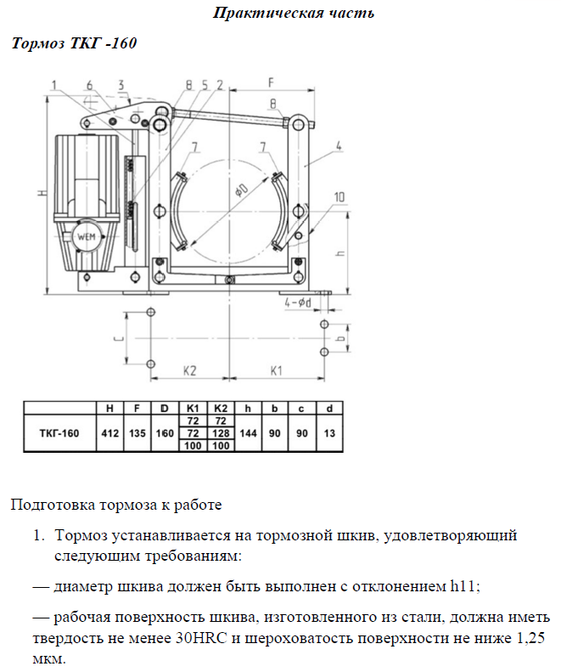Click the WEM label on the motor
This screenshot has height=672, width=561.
coord(87,236)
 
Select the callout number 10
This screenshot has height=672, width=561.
coord(339,197)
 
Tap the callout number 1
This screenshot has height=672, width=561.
coord(53,84)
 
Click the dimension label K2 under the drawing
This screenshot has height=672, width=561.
coord(189,370)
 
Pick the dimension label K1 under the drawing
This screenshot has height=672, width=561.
coord(277,370)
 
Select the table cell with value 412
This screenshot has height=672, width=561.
coord(109,433)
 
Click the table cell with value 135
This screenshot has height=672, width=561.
coord(136,433)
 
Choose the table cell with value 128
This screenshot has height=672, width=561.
coord(221,433)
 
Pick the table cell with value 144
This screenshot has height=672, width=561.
coord(248,433)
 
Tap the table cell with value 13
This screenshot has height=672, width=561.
coord(329,433)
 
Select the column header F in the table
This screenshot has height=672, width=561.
coord(136,409)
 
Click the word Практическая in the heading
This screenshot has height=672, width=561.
coord(255,14)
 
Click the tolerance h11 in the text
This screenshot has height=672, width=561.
coord(461,586)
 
